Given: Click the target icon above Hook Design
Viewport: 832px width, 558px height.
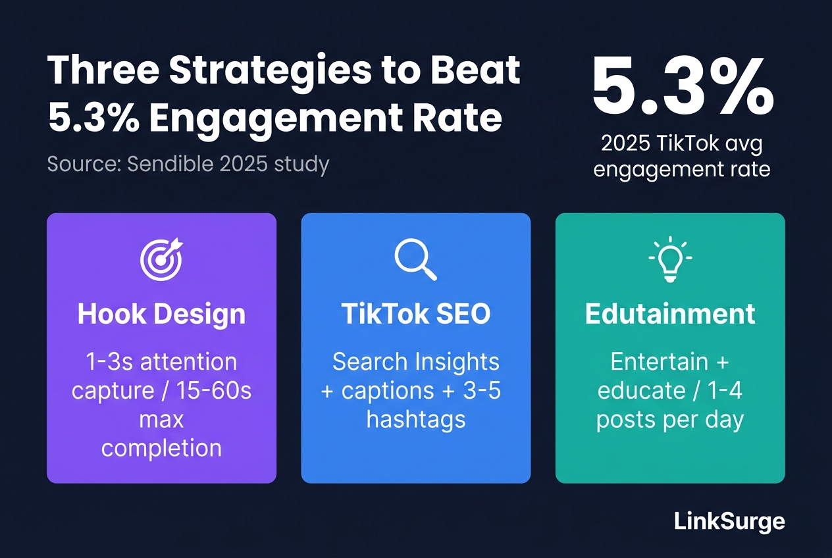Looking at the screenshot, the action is (161, 259).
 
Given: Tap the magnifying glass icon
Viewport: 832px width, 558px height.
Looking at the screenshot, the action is (415, 259).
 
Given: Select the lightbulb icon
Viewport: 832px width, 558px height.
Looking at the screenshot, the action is (670, 259).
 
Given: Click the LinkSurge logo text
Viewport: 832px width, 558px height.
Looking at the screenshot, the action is (729, 522).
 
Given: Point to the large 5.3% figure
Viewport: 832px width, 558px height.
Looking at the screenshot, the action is (683, 88).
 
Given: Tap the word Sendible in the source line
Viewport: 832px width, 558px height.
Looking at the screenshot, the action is (170, 164).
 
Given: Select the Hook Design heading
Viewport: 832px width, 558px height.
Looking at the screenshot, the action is (161, 314).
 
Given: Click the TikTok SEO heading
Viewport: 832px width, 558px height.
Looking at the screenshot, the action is (416, 314).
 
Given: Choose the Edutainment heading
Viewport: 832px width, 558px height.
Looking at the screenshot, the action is (670, 314).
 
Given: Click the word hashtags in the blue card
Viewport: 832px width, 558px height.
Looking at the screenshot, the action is (416, 420).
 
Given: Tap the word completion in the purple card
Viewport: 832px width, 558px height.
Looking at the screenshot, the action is (161, 449).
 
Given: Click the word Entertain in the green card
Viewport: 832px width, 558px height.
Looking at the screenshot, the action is (660, 362).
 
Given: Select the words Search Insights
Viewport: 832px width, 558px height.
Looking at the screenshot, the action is (416, 363).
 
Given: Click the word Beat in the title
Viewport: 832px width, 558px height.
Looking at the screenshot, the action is (475, 70).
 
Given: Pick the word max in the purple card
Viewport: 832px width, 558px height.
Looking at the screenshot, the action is (161, 420).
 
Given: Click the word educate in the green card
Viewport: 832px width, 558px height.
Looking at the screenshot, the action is (641, 390).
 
